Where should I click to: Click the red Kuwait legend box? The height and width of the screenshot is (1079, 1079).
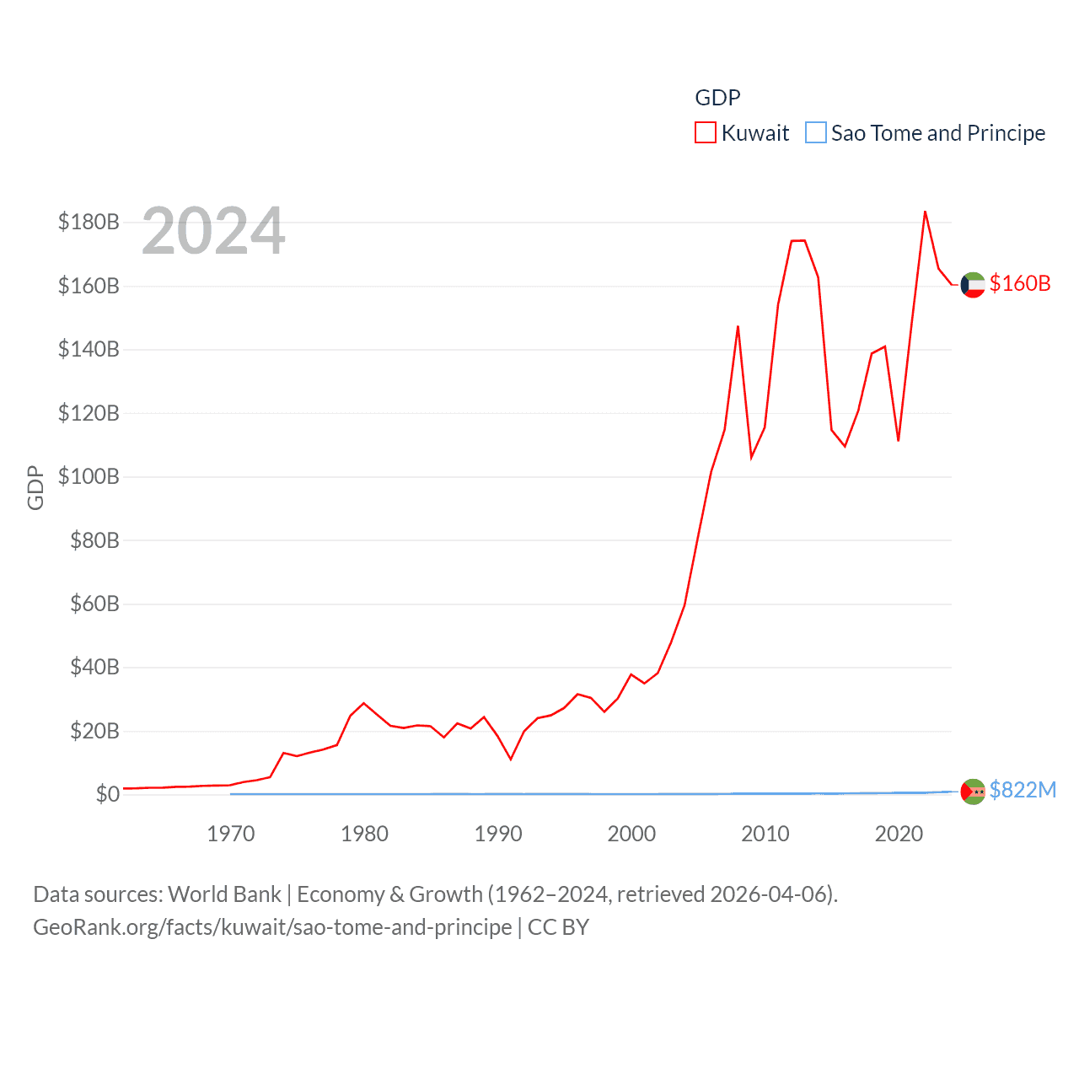coord(706,133)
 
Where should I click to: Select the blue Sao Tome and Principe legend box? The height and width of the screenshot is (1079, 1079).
coord(816,133)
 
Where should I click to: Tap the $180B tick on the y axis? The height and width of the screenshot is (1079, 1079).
coord(89,223)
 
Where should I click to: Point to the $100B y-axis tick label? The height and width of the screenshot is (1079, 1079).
coord(89,477)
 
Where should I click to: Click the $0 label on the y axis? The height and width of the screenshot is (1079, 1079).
coord(107,794)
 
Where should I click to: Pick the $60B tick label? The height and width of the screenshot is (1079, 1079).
coord(94,604)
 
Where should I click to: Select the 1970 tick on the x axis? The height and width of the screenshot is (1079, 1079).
coord(231,834)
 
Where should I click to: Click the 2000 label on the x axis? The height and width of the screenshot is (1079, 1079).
coord(631,834)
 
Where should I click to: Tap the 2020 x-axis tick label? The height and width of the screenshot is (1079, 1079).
coord(899,834)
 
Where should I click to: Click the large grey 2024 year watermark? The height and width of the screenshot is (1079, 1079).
coord(213,231)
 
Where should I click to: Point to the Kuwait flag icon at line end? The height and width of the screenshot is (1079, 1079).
coord(973,285)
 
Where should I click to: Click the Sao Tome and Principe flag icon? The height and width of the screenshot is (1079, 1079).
coord(973,792)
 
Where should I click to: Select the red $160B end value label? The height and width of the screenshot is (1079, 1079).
coord(1020,283)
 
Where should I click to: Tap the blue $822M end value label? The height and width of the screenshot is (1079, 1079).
coord(1023,790)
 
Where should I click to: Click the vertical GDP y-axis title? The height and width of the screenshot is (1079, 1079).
coord(35,487)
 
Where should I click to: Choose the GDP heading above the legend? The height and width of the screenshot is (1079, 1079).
coord(717,98)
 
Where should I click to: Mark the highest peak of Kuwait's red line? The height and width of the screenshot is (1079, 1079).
coord(925,212)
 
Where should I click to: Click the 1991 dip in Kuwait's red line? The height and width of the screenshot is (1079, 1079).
coord(511,759)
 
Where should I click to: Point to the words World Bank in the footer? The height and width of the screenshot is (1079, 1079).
coord(225,894)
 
